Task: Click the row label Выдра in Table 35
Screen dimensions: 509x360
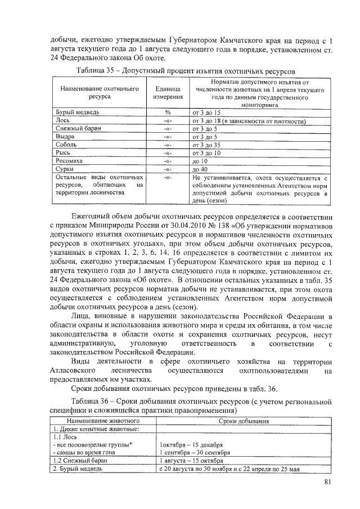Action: point(62,136)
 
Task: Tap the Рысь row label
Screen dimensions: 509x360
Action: point(61,152)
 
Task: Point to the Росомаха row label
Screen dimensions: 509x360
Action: point(66,160)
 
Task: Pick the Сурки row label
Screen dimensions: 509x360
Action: point(62,168)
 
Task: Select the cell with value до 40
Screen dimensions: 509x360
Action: point(200,168)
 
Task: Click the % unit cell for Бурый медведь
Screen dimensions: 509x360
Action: point(167,112)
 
